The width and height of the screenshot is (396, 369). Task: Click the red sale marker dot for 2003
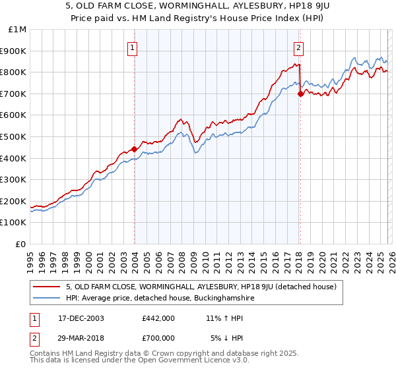(134, 149)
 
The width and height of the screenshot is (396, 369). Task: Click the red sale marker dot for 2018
(300, 94)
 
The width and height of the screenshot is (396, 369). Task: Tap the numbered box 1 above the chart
(133, 47)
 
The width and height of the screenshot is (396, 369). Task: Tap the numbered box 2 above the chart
(299, 47)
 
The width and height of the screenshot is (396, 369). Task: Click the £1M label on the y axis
(18, 29)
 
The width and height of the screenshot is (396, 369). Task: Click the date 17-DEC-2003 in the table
(78, 318)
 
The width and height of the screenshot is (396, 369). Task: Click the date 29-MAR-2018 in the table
(79, 337)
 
